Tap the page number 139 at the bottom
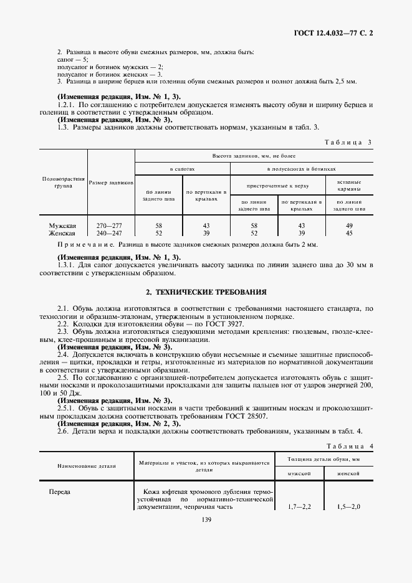click(206, 521)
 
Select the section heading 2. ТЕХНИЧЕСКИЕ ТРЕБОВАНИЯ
click(206, 291)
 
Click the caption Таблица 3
click(348, 142)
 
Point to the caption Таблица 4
click(348, 447)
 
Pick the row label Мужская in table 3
click(62, 225)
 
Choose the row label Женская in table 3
click(62, 232)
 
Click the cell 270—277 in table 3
click(111, 225)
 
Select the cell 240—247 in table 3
click(111, 232)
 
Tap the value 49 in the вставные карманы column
click(349, 225)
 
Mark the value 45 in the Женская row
click(349, 232)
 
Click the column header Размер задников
click(111, 182)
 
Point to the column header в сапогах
click(183, 169)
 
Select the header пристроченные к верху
click(277, 185)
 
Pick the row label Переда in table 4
click(60, 491)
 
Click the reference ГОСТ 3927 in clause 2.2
click(226, 325)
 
